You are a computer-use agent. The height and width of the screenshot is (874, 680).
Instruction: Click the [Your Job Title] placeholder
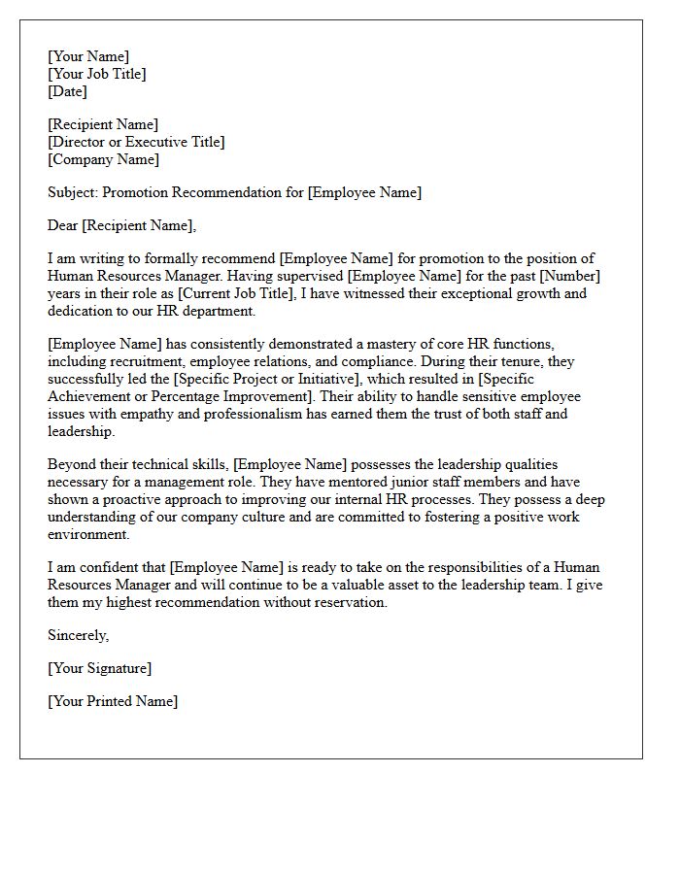pos(97,74)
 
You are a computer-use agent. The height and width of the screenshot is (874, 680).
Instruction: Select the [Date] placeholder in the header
pos(67,91)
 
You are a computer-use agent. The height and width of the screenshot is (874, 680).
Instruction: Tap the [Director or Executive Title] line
pos(136,142)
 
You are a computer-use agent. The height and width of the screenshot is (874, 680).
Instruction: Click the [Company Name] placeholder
pos(104,159)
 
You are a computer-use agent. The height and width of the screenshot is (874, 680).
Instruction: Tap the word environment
pos(87,534)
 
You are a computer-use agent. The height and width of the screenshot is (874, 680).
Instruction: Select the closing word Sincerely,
pos(79,635)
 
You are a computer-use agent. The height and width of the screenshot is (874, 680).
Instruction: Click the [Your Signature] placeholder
pos(99,668)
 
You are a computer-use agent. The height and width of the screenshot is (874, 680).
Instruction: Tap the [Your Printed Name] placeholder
pos(113,701)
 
